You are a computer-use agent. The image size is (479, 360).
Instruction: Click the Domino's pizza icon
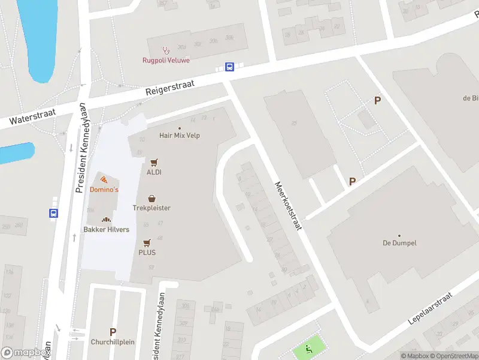104,179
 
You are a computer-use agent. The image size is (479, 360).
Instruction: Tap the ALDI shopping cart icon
154,162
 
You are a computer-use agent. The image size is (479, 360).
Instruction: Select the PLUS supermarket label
147,253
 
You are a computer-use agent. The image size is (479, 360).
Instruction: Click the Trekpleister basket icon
151,198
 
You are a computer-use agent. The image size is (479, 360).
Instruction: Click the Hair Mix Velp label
180,136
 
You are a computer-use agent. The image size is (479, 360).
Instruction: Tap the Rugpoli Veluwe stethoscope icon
165,50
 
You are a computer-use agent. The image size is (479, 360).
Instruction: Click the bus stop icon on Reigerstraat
229,67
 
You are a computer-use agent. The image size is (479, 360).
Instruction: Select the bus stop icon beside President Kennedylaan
54,212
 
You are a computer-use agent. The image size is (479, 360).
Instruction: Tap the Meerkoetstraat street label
288,206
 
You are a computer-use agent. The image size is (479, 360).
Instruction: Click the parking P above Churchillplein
113,332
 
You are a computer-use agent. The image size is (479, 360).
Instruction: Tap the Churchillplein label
113,342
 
